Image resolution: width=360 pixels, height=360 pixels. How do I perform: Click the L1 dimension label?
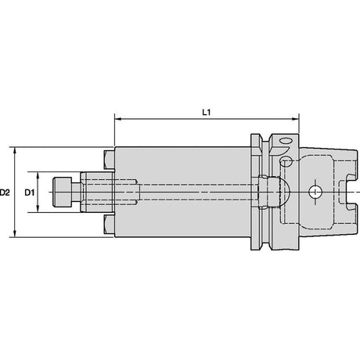207,113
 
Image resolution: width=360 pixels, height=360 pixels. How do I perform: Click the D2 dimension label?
5,193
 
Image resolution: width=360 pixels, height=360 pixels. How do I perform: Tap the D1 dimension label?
30,193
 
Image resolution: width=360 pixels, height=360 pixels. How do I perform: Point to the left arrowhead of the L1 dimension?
118,119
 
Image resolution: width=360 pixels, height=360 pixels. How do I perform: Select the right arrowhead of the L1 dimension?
295,119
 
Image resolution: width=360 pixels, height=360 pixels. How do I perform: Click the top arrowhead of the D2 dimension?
15,151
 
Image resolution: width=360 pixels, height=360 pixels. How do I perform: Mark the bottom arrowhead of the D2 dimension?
15,233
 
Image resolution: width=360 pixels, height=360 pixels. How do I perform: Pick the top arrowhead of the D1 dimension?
38,175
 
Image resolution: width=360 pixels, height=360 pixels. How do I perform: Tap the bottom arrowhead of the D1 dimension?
38,208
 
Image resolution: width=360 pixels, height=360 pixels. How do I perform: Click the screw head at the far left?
63,193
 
